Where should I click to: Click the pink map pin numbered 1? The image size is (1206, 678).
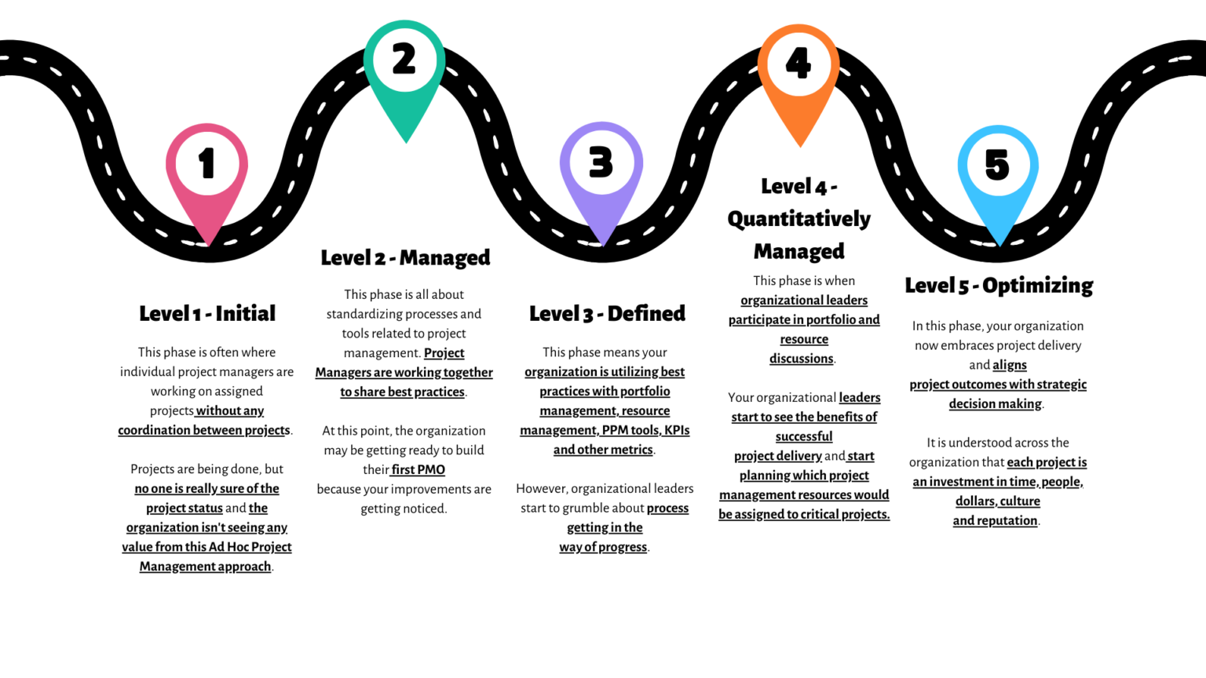click(x=206, y=169)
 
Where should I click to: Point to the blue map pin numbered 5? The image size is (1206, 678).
click(x=997, y=169)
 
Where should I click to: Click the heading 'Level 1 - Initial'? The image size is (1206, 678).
click(x=207, y=314)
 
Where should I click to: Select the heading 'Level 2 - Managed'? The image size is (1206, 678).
click(x=405, y=257)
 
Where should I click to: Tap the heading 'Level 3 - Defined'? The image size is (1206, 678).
click(x=607, y=314)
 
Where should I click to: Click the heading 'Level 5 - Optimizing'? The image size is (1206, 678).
click(x=999, y=286)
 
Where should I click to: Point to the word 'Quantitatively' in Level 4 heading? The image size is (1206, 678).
click(x=799, y=219)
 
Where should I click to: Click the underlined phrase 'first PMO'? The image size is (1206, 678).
click(x=418, y=470)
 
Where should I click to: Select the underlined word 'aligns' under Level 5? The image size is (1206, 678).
click(x=1009, y=365)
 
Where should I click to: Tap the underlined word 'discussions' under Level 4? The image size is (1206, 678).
click(x=801, y=359)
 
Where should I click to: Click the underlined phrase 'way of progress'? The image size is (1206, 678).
click(x=603, y=547)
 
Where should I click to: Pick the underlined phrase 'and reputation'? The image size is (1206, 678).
click(x=995, y=520)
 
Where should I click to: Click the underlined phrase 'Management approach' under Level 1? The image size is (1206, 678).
click(x=205, y=567)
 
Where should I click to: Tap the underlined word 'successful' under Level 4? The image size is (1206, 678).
click(x=803, y=436)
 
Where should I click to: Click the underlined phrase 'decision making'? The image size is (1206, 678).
click(x=995, y=404)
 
